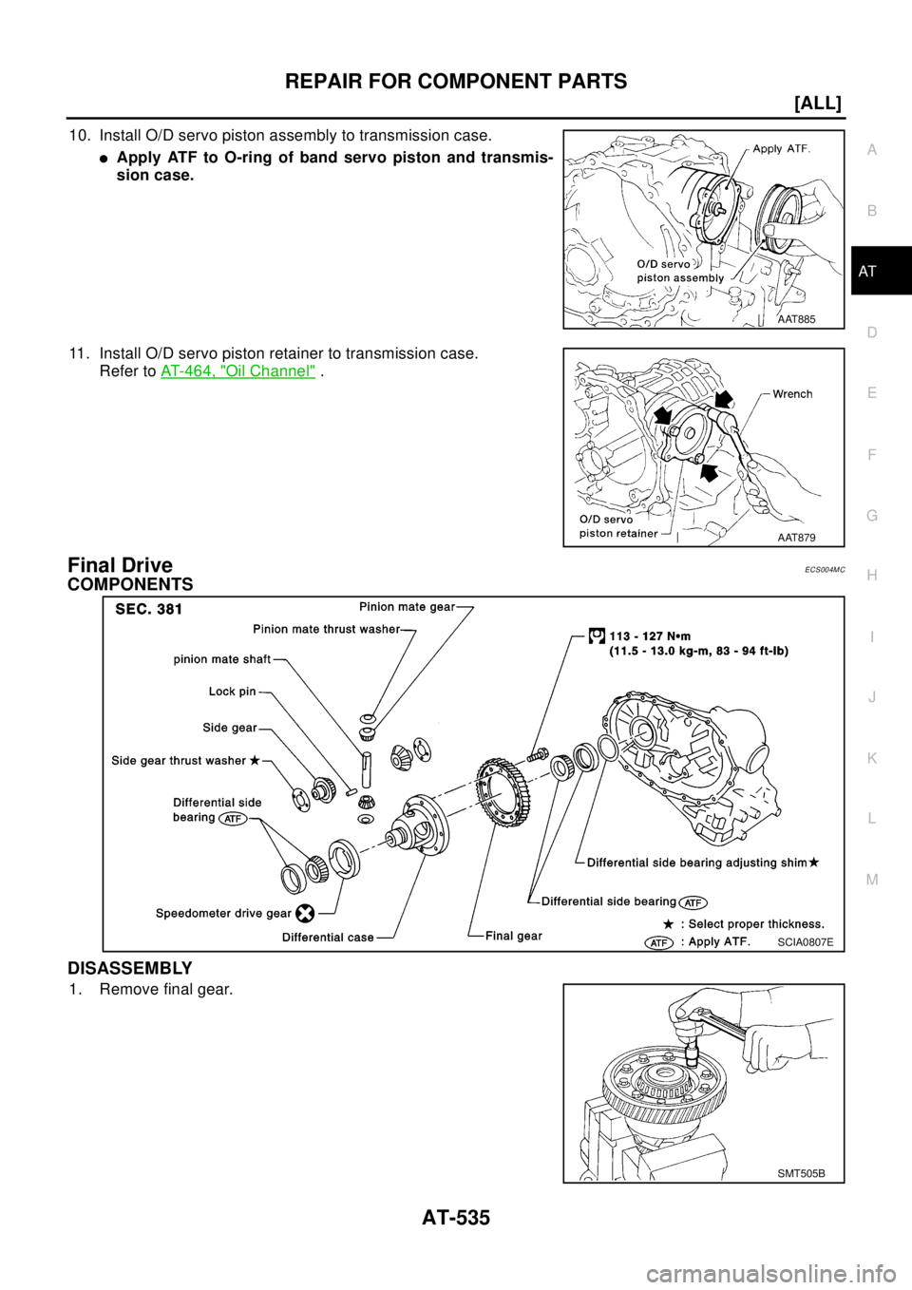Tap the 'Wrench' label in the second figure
tap(792, 393)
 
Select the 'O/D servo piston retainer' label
tap(618, 525)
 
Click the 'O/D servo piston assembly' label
tap(679, 271)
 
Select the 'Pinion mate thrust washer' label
tap(326, 629)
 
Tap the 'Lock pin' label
tap(232, 692)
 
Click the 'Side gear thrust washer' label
tap(180, 760)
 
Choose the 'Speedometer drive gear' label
tap(223, 913)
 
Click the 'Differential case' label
tap(328, 937)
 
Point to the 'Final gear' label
tap(513, 936)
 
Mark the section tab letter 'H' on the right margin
tap(872, 575)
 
